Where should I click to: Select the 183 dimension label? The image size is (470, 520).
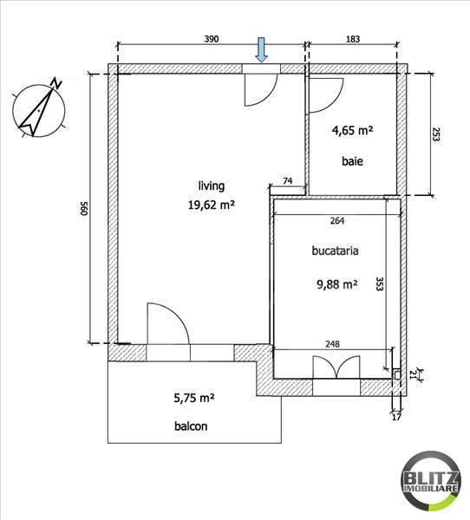pos(351,39)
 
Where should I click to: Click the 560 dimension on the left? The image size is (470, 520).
pos(85,209)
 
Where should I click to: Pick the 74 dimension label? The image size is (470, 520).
pos(287,181)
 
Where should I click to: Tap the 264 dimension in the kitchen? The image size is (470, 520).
pos(337,219)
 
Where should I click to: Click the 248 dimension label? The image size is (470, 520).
pos(332,343)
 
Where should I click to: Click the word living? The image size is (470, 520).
pos(212,185)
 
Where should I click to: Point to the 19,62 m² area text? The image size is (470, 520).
pos(212,205)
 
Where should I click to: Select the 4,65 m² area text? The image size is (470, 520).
pos(352,131)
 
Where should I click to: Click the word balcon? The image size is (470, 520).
pos(189,426)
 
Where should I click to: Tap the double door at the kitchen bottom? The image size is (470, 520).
pos(336,365)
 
